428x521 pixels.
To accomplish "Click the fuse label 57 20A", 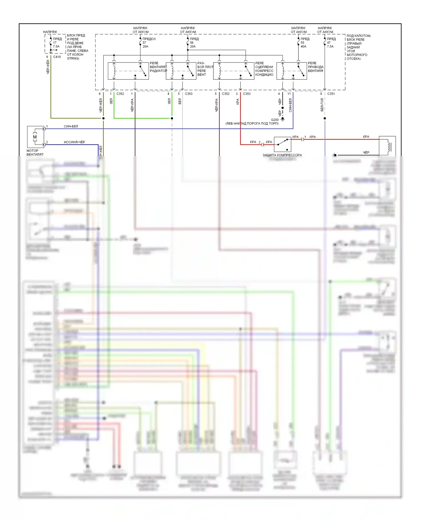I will tap(145, 44).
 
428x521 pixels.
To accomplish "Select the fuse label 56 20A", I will tap(193, 44).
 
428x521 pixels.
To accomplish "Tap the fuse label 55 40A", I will tap(303, 44).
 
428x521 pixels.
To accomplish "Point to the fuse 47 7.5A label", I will tap(330, 44).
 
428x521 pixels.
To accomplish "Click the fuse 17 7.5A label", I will tap(56, 44).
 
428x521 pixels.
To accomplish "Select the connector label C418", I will tap(57, 57).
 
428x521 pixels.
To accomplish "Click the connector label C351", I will tap(331, 94).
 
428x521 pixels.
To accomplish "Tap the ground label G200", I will tap(275, 120).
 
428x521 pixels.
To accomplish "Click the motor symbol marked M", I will tap(35, 137).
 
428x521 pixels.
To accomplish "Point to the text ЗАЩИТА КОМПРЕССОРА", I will tap(282, 155).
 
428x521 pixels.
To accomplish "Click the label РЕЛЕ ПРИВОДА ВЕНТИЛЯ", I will tap(316, 67).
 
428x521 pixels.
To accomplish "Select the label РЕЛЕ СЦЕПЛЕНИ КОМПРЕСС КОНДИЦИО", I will tap(264, 69).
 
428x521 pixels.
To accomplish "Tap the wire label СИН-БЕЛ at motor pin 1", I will tap(71, 126).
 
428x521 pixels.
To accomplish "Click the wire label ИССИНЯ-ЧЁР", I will tap(74, 142).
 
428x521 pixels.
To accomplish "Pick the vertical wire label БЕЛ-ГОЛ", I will tap(322, 105).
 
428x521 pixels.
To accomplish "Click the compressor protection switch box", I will tap(282, 144).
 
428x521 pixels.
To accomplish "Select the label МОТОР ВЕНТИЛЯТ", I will tap(35, 152).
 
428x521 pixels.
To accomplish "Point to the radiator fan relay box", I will tap(128, 71).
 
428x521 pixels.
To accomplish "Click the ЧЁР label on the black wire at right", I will tap(366, 152).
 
